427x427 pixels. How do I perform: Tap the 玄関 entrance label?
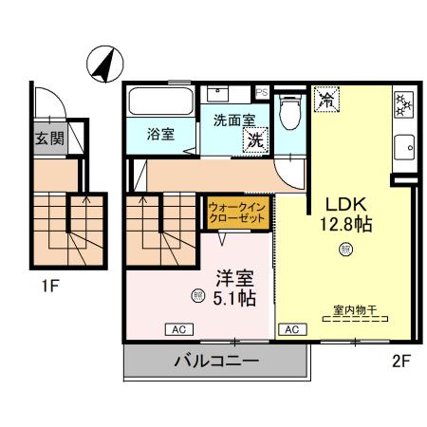point(49,139)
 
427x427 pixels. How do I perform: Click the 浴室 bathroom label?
point(160,135)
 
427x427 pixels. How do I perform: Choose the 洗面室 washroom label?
point(233,121)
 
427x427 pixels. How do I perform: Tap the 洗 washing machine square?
point(254,139)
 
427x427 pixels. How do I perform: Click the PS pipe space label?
point(262,93)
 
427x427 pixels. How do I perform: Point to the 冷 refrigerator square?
point(326,99)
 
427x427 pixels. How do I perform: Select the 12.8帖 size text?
point(346,226)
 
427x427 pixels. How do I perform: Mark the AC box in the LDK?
point(291,329)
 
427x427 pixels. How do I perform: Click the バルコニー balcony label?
point(217,362)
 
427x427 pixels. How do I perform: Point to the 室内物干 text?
point(354,308)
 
